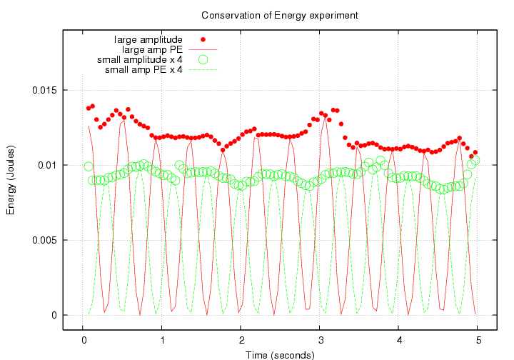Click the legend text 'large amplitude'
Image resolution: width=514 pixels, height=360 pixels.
(148, 39)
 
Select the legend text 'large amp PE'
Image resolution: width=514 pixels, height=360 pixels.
(152, 49)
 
